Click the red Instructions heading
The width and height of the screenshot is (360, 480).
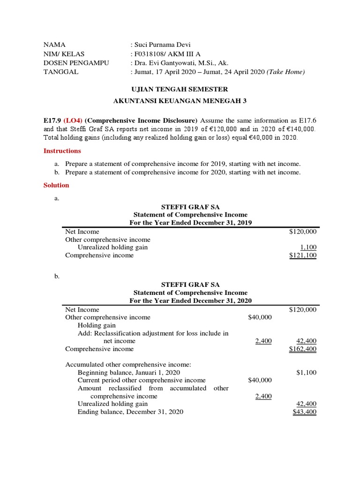(62, 151)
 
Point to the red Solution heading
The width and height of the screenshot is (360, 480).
(56, 185)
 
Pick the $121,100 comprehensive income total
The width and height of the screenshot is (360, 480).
(303, 255)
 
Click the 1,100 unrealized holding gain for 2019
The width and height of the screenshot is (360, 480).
(308, 247)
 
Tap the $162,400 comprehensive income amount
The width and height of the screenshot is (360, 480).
(303, 349)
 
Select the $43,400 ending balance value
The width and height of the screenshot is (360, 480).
(304, 412)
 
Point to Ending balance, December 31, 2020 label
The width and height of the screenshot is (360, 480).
(130, 412)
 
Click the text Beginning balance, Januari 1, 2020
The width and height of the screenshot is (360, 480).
(128, 373)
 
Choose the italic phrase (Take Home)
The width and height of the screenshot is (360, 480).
(286, 72)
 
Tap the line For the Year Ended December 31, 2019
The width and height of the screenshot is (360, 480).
(190, 223)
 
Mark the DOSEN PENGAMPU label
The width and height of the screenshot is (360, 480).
(76, 63)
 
